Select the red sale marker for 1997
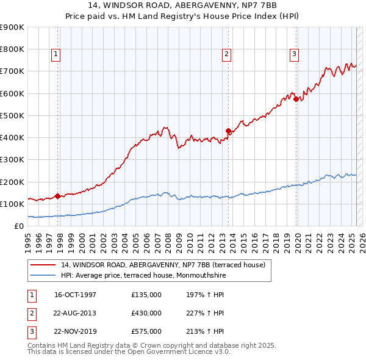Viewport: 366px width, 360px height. (x=57, y=196)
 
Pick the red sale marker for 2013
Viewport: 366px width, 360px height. (x=228, y=131)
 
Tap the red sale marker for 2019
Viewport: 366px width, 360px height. (x=296, y=99)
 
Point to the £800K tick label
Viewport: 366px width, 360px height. (x=12, y=49)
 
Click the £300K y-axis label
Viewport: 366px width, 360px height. (x=12, y=160)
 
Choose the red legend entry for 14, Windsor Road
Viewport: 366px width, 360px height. (x=163, y=265)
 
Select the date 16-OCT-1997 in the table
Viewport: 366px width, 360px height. (x=75, y=295)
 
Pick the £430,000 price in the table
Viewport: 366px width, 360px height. (x=146, y=313)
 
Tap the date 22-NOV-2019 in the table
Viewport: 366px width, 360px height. (x=76, y=331)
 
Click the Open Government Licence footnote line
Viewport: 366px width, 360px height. (x=129, y=352)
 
